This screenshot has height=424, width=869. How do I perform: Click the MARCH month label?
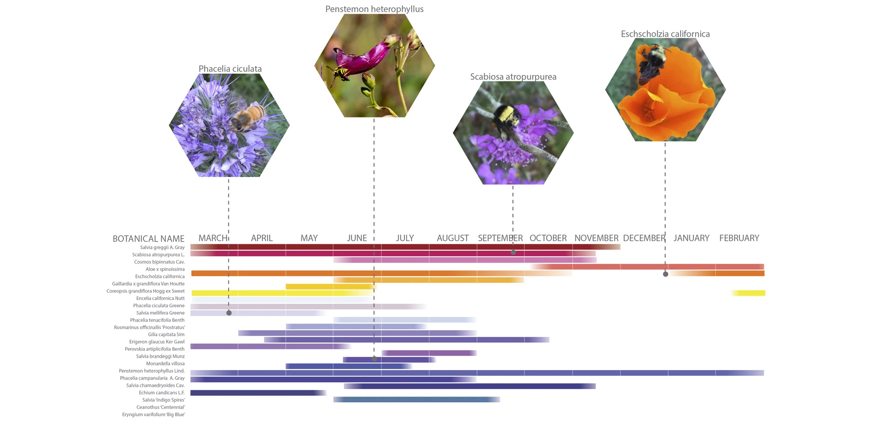[x=213, y=238]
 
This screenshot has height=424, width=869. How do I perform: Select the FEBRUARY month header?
[x=739, y=238]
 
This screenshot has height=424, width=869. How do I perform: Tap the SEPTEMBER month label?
[x=500, y=238]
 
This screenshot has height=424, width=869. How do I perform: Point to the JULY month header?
[x=405, y=238]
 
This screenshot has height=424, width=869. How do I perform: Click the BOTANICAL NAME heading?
[x=149, y=239]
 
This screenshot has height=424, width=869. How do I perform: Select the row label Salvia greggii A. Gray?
[x=162, y=247]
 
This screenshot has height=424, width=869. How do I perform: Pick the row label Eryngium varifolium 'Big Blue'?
[x=153, y=415]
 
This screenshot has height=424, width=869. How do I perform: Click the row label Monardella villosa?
[x=165, y=364]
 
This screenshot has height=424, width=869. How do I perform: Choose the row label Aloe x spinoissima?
[x=165, y=269]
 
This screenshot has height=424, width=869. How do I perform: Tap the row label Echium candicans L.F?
[x=161, y=393]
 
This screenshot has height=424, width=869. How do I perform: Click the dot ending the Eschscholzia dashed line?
[x=665, y=274]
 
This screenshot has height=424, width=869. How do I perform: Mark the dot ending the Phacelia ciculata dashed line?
[x=229, y=313]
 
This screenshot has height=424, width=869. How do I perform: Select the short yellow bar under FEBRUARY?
[x=748, y=293]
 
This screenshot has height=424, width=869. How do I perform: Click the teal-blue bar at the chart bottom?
[x=416, y=400]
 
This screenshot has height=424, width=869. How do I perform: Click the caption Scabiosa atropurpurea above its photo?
[x=513, y=77]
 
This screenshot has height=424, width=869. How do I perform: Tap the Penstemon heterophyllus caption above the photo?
[x=374, y=9]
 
